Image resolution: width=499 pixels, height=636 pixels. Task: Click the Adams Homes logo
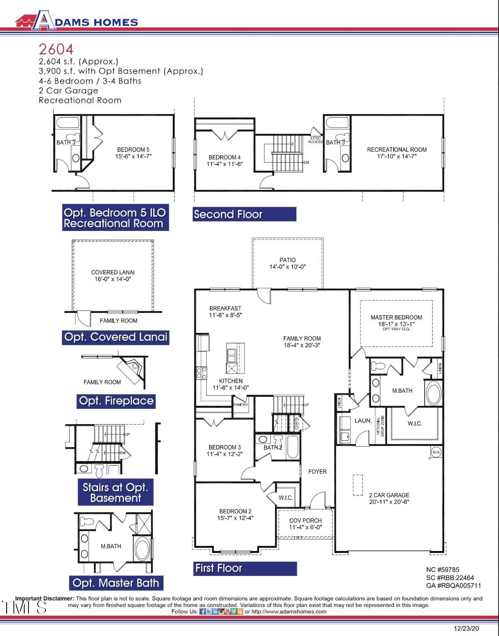click(76, 20)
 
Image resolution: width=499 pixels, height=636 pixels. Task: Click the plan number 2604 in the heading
click(56, 49)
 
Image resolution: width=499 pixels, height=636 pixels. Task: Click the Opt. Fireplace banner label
click(116, 401)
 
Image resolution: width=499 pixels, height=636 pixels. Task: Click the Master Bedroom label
click(396, 318)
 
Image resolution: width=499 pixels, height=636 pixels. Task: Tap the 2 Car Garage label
click(389, 495)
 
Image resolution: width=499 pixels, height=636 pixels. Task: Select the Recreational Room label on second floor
click(396, 150)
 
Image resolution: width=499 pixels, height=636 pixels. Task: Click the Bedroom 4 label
click(224, 158)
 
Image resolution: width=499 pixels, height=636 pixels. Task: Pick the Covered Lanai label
click(113, 272)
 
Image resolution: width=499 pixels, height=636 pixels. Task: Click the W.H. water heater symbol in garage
click(436, 452)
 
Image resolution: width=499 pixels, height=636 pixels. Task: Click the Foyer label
click(317, 471)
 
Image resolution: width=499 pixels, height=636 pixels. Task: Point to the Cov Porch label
click(305, 521)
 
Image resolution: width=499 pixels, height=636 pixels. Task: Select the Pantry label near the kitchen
click(241, 405)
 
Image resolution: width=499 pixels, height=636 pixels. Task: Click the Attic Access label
click(315, 140)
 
